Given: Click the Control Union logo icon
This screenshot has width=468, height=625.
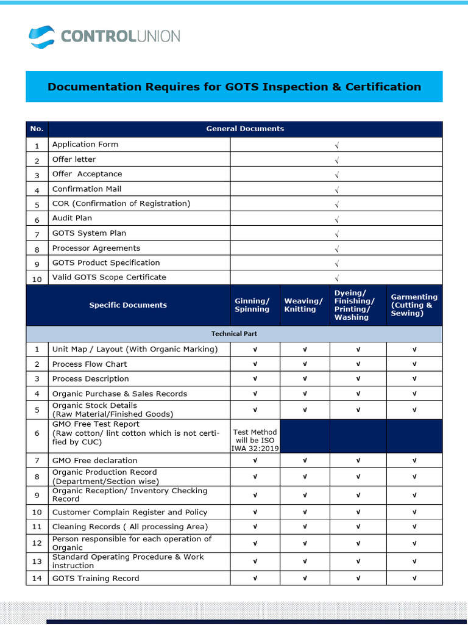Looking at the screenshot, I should [x=41, y=36].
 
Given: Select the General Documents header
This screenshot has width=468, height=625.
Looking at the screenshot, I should [x=245, y=129].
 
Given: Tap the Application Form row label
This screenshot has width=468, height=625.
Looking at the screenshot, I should [x=85, y=145].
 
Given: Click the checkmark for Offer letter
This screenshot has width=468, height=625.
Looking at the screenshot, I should [x=336, y=160].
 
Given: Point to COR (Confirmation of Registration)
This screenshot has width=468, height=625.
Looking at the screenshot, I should [x=121, y=203].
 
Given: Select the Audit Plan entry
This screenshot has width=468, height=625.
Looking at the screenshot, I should [x=72, y=218].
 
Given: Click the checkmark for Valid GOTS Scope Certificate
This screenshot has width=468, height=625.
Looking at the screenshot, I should [x=336, y=278].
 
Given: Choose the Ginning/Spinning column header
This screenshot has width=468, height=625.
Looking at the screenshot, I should [x=252, y=305].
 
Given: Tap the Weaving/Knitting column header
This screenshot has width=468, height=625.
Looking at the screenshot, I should [x=303, y=305].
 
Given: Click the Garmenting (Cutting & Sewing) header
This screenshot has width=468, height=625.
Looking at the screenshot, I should [x=414, y=305].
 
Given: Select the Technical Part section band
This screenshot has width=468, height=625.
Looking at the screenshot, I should [x=234, y=334].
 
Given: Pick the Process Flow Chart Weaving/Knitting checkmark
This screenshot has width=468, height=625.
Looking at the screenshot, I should [x=304, y=364].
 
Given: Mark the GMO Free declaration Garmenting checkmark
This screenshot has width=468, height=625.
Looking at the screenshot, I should [x=414, y=460].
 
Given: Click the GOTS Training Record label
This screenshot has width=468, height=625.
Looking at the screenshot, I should [x=96, y=578].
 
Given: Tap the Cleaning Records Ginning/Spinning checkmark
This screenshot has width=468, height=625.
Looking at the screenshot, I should [x=255, y=527].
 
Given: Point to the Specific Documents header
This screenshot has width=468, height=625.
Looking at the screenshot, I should [x=128, y=305].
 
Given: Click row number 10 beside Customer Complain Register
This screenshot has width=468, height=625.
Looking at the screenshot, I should [x=37, y=513].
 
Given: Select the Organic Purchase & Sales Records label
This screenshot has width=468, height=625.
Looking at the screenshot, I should [x=119, y=394].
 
